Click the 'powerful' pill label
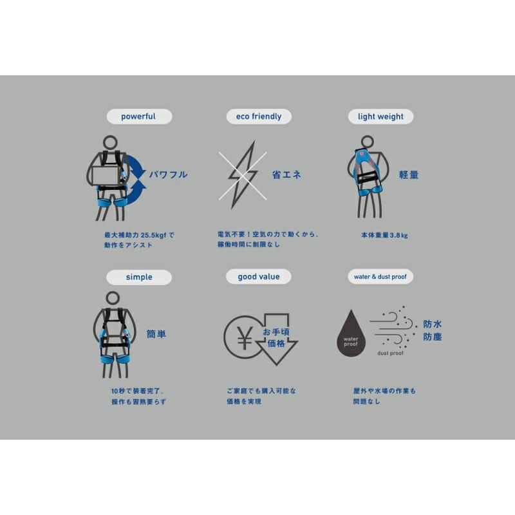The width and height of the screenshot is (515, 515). pos(138,117)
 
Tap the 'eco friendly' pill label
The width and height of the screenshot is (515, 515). pos(258,117)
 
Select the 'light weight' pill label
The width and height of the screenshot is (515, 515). pos(380,117)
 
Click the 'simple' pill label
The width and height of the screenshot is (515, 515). pos(139,277)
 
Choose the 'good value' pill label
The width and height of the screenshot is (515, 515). pos(259,277)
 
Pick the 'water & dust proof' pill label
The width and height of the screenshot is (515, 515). pos(380,277)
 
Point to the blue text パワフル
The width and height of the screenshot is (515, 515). pos(168,174)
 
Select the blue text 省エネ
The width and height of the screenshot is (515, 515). pos(286,174)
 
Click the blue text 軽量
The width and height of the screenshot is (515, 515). pos(408,174)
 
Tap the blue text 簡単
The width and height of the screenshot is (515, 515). pos(156,334)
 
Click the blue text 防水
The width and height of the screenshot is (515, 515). pos(433,324)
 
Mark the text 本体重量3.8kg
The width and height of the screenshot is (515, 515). pos(384,236)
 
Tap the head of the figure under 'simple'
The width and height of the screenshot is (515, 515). pos(113,297)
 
